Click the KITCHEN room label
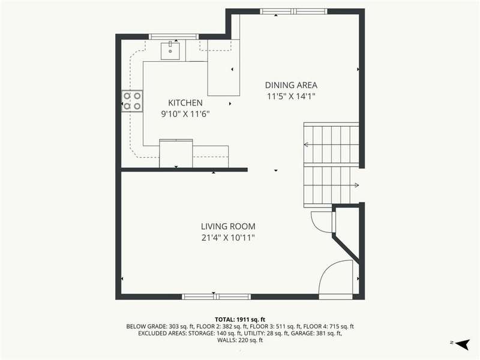click(x=185, y=103)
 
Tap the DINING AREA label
click(x=291, y=85)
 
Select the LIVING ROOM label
click(x=228, y=227)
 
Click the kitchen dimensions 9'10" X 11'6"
click(x=185, y=114)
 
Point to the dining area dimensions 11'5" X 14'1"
click(x=291, y=97)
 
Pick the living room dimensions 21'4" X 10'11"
click(x=228, y=238)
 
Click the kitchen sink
click(x=170, y=51)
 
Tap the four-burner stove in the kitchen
click(x=132, y=101)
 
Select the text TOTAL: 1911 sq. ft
click(x=240, y=320)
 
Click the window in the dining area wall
click(x=293, y=11)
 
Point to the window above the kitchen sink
click(x=173, y=37)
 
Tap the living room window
click(x=217, y=296)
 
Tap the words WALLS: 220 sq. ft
click(x=240, y=340)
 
